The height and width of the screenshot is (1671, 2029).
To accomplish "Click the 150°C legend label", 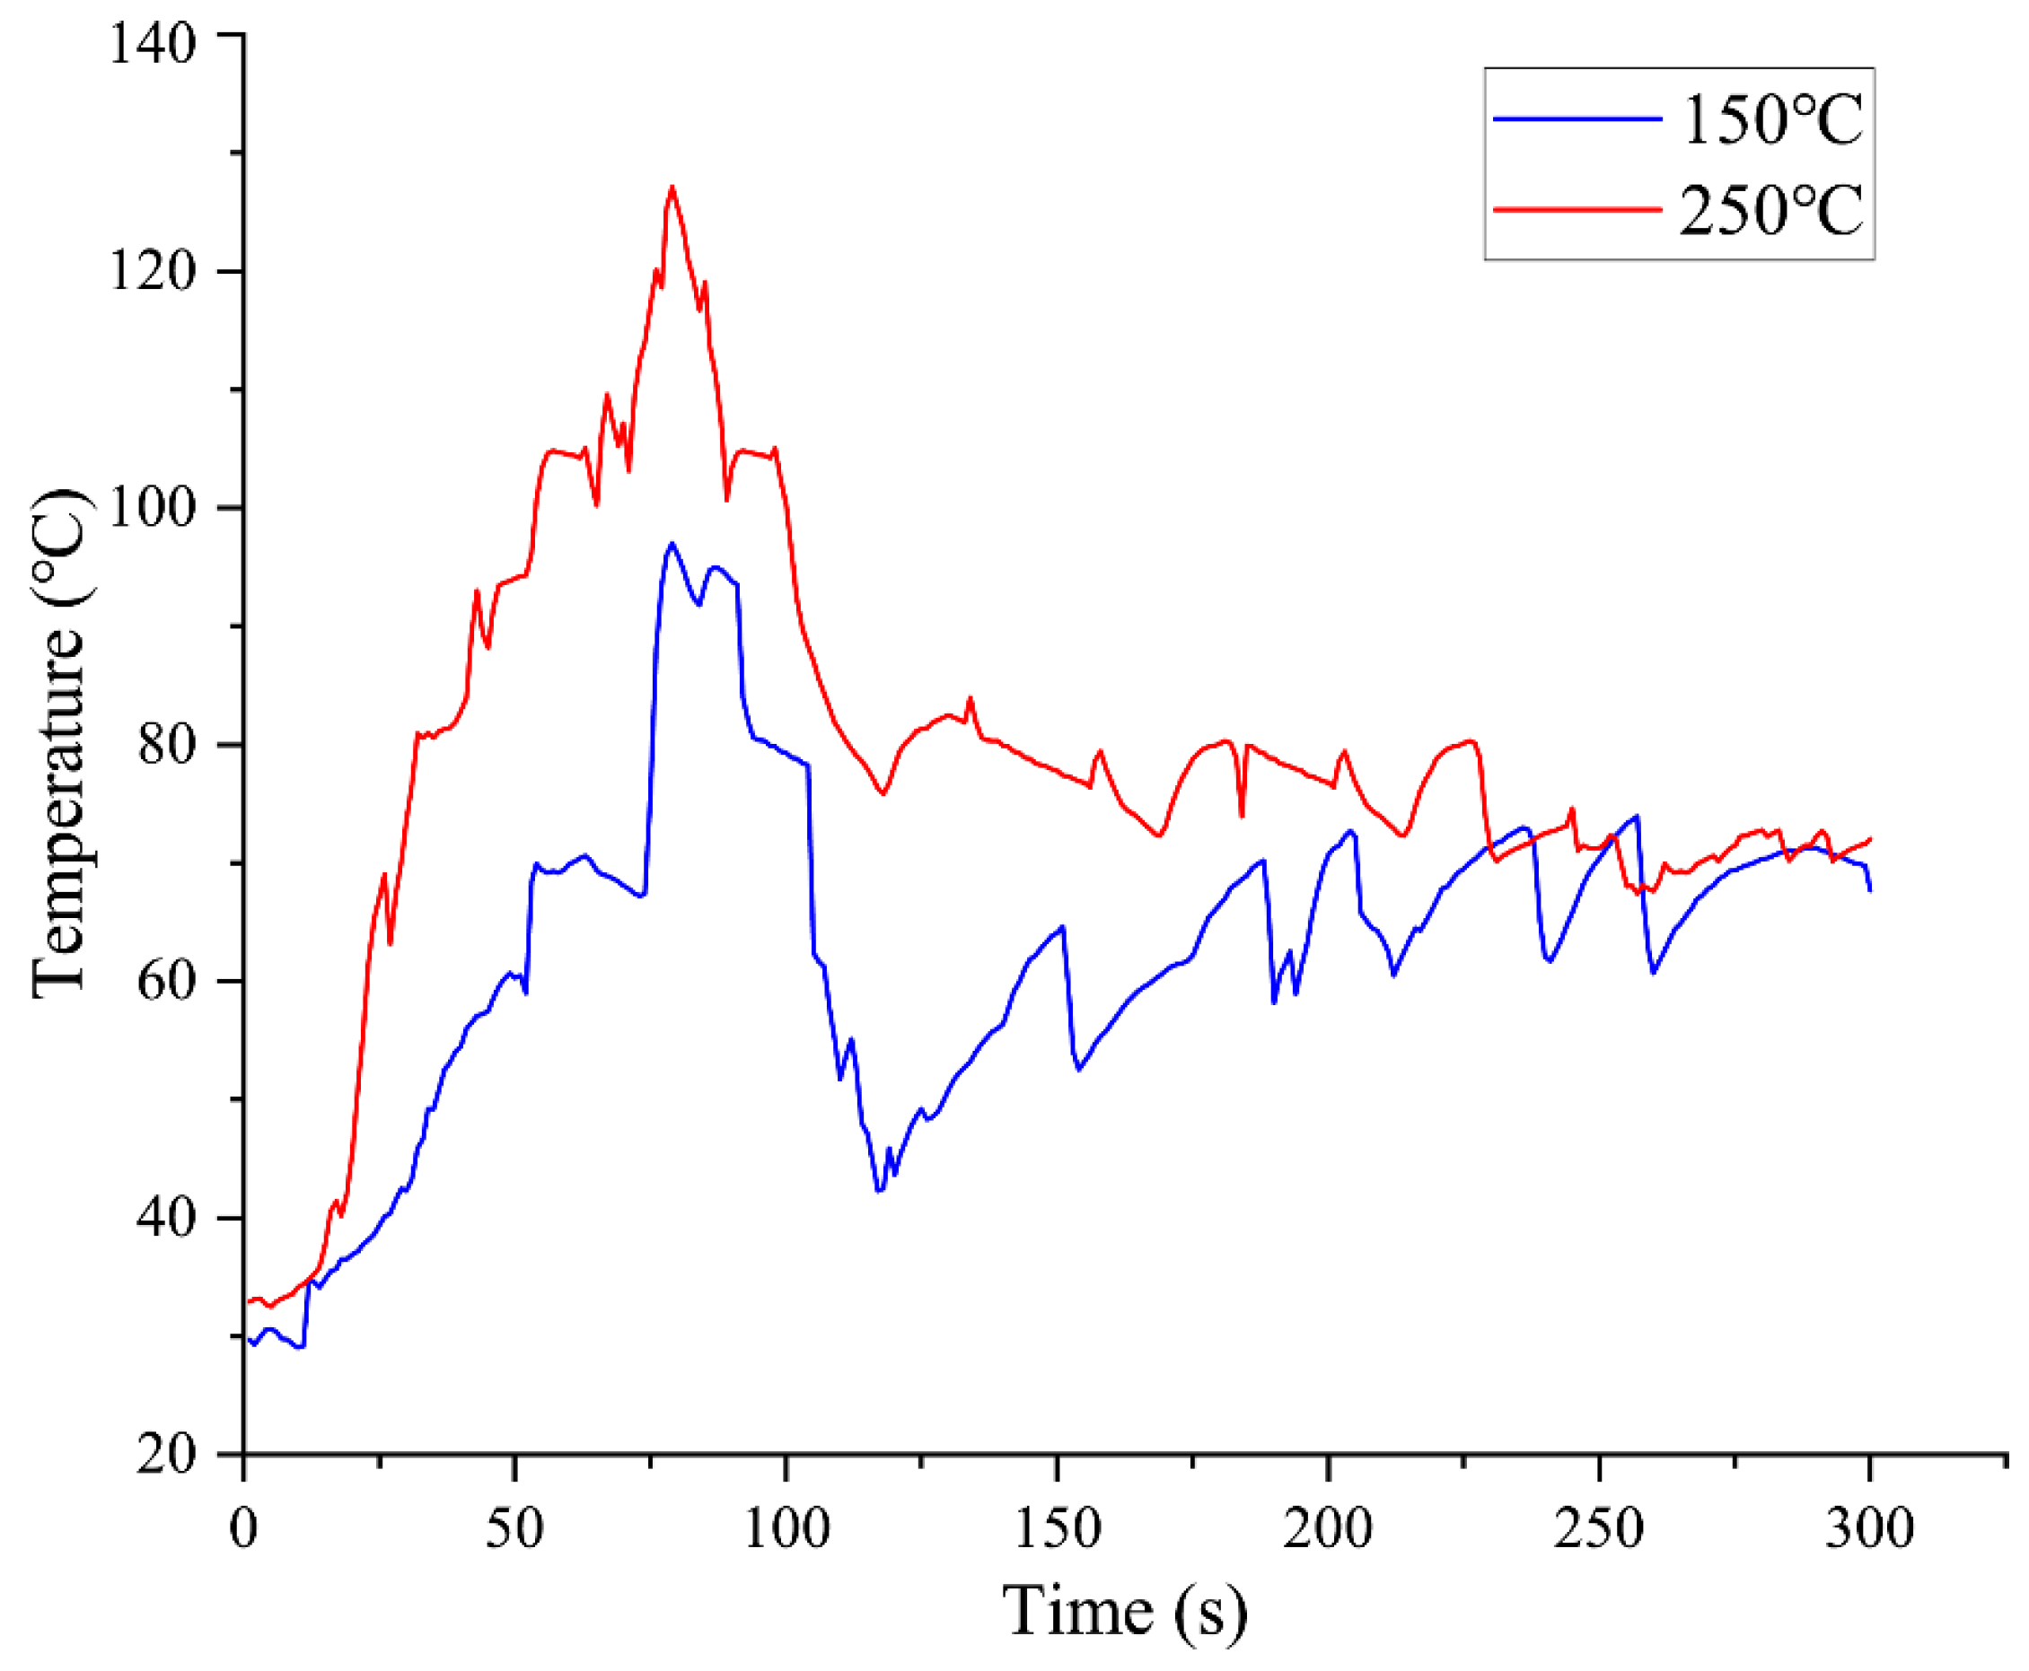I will [x=1771, y=120].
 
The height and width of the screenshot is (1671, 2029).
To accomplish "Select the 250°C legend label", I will [x=1771, y=210].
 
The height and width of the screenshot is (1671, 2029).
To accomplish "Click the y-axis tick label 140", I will [x=152, y=42].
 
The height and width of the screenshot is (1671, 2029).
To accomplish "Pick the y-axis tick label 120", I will [x=152, y=270].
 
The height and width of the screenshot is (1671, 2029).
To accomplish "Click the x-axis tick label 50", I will [x=514, y=1527].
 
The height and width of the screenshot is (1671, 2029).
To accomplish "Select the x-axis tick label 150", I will [x=1057, y=1527].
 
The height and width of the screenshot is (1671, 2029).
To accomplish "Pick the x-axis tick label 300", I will [x=1869, y=1527].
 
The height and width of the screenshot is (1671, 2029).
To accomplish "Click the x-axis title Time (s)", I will [x=1124, y=1612].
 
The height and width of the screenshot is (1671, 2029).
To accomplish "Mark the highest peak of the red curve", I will [x=672, y=187].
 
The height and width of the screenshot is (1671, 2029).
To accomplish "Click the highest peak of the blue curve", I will [x=672, y=544].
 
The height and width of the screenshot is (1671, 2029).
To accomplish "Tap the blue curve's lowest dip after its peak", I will [x=878, y=1192].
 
